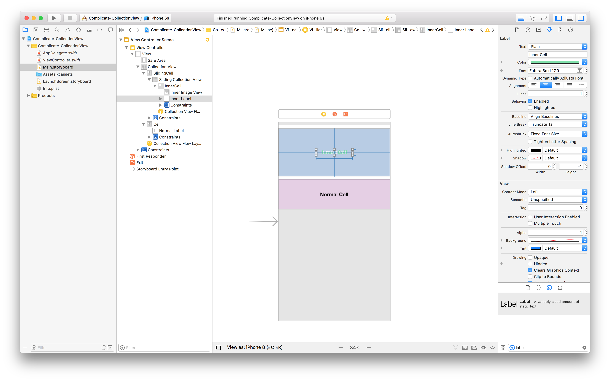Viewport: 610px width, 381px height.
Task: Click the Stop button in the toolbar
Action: [x=70, y=18]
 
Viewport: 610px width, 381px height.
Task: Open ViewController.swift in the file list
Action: [x=61, y=60]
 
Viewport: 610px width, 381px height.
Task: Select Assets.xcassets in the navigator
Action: [x=58, y=74]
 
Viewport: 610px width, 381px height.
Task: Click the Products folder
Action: [x=46, y=96]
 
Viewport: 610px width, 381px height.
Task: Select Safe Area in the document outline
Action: [x=156, y=60]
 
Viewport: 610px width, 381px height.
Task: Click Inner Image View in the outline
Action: [x=186, y=92]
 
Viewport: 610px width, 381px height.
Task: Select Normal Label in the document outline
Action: [x=171, y=130]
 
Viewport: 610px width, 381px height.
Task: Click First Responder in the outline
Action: [x=151, y=156]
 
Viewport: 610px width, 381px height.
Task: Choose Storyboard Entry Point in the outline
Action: [x=157, y=169]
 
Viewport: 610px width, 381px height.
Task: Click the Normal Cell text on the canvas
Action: [x=334, y=195]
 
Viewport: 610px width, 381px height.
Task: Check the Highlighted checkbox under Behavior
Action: [x=530, y=108]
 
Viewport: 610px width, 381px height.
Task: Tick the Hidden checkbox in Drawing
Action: [x=530, y=264]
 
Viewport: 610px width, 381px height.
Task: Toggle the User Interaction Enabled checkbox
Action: [x=530, y=217]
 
